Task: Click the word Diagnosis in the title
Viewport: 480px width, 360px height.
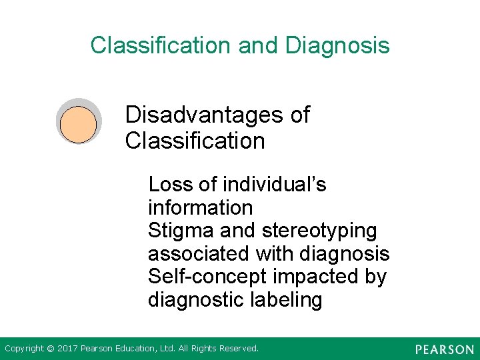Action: coord(337,46)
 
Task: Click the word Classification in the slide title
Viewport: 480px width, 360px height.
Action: coord(161,45)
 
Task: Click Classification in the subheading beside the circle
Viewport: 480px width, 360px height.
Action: coord(195,141)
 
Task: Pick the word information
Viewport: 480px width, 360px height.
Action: coord(200,207)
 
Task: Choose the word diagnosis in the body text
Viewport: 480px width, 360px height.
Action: coord(345,254)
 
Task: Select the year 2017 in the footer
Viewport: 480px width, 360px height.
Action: coord(67,349)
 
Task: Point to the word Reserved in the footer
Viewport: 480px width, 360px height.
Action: coord(239,349)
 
